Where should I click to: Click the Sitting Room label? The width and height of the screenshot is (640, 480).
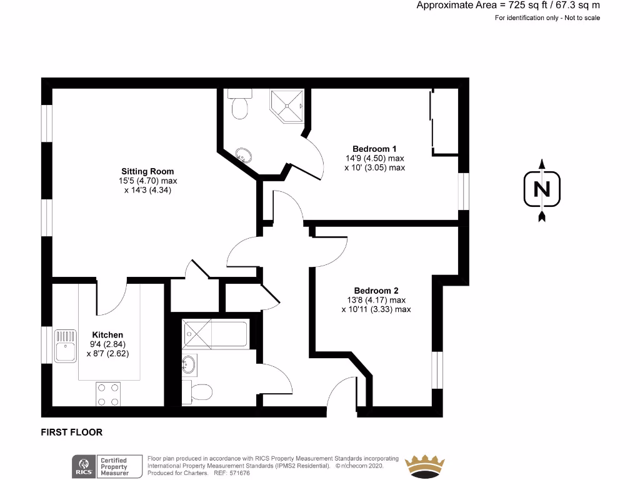147,171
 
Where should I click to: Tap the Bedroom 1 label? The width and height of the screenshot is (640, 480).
374,149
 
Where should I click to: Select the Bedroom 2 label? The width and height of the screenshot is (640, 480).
376,291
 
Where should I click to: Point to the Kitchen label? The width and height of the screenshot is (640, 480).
107,335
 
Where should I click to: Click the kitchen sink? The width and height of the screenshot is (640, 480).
65,346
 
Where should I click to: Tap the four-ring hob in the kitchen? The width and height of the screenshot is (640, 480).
108,394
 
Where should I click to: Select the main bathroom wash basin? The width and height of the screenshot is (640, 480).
189,364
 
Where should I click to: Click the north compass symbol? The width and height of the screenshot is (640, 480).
542,190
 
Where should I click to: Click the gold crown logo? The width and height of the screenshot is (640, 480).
425,465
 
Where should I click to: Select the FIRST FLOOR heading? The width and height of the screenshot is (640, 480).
71,432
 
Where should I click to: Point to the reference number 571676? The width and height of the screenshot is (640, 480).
241,472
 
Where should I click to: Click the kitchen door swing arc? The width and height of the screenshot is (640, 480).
112,300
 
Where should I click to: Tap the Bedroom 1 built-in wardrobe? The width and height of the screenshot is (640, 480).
444,122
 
